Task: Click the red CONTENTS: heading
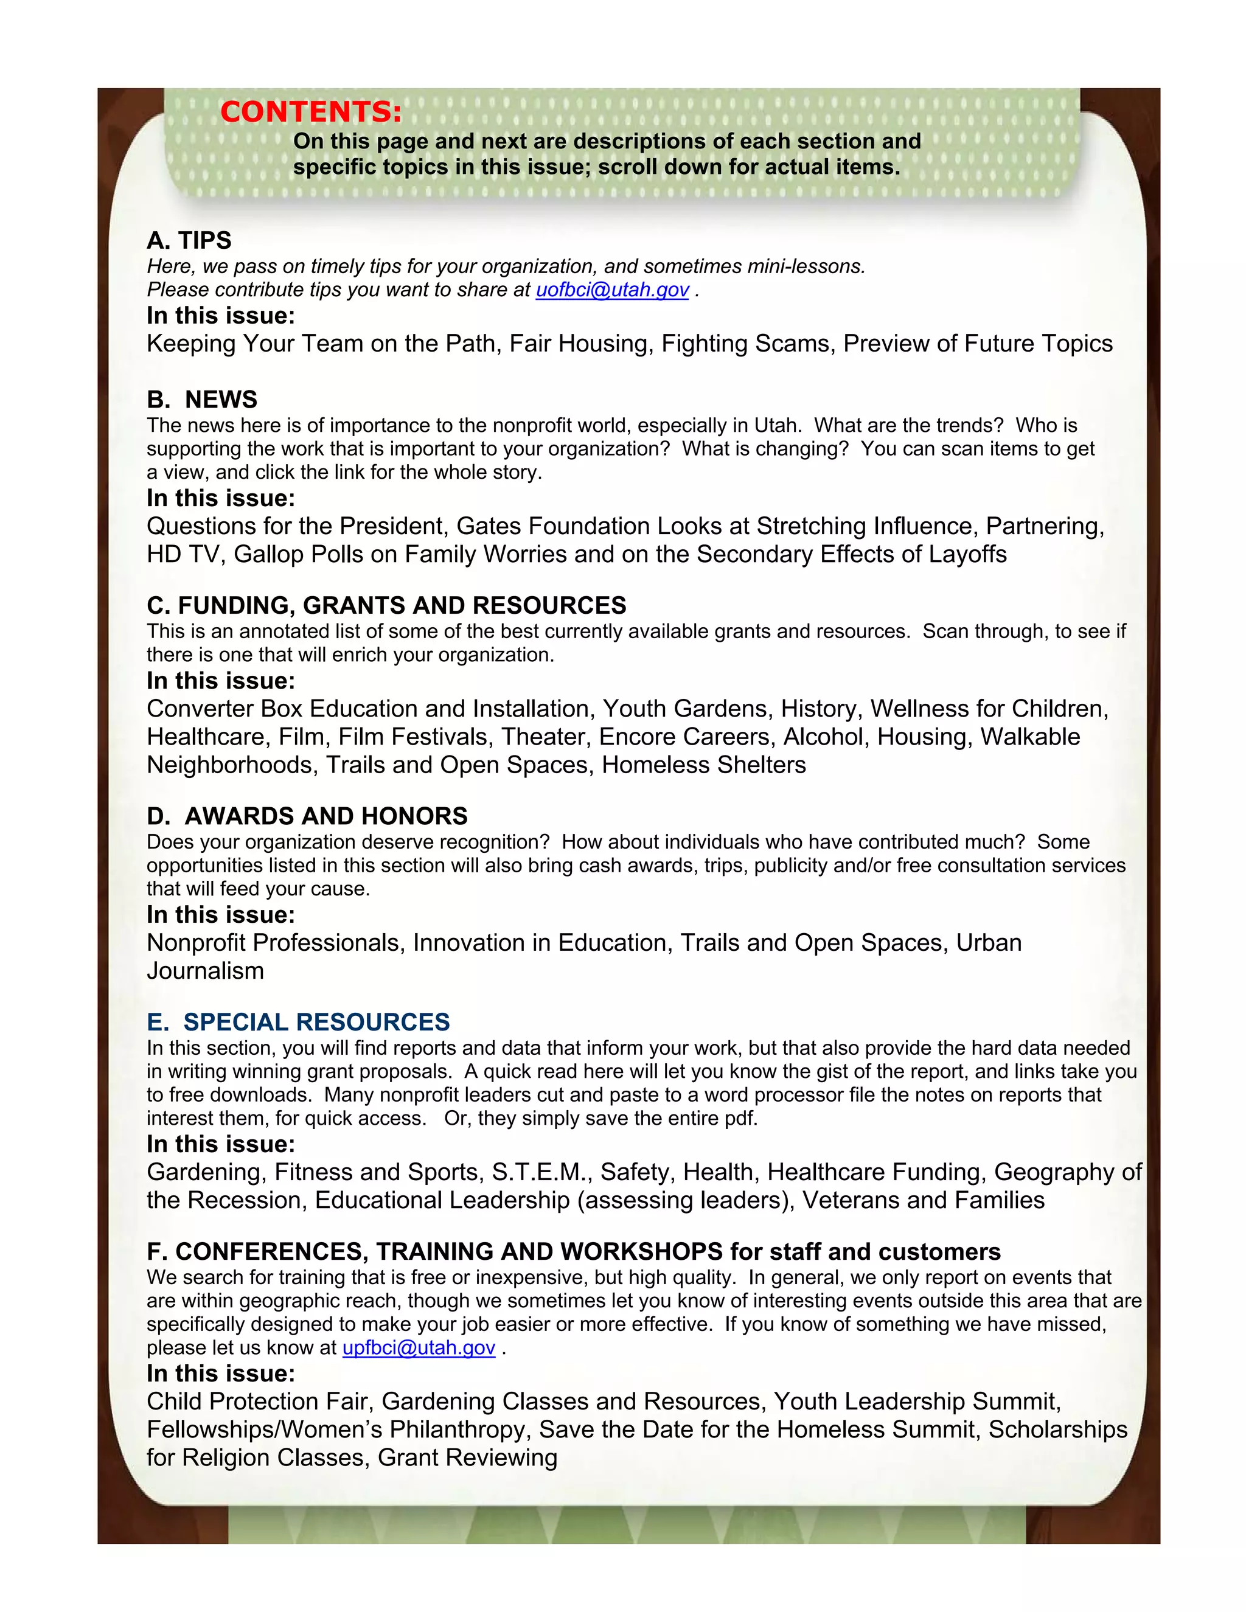(311, 112)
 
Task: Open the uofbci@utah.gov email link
(612, 290)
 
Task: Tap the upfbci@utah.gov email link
(419, 1348)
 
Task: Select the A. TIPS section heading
(189, 241)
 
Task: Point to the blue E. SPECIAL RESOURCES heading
(298, 1023)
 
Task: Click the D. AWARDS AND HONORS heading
(307, 816)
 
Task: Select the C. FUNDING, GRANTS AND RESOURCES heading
(386, 605)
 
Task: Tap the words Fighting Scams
(745, 344)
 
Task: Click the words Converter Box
(224, 709)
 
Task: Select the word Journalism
(205, 971)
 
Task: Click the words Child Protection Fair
(257, 1402)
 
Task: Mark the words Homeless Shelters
(703, 765)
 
